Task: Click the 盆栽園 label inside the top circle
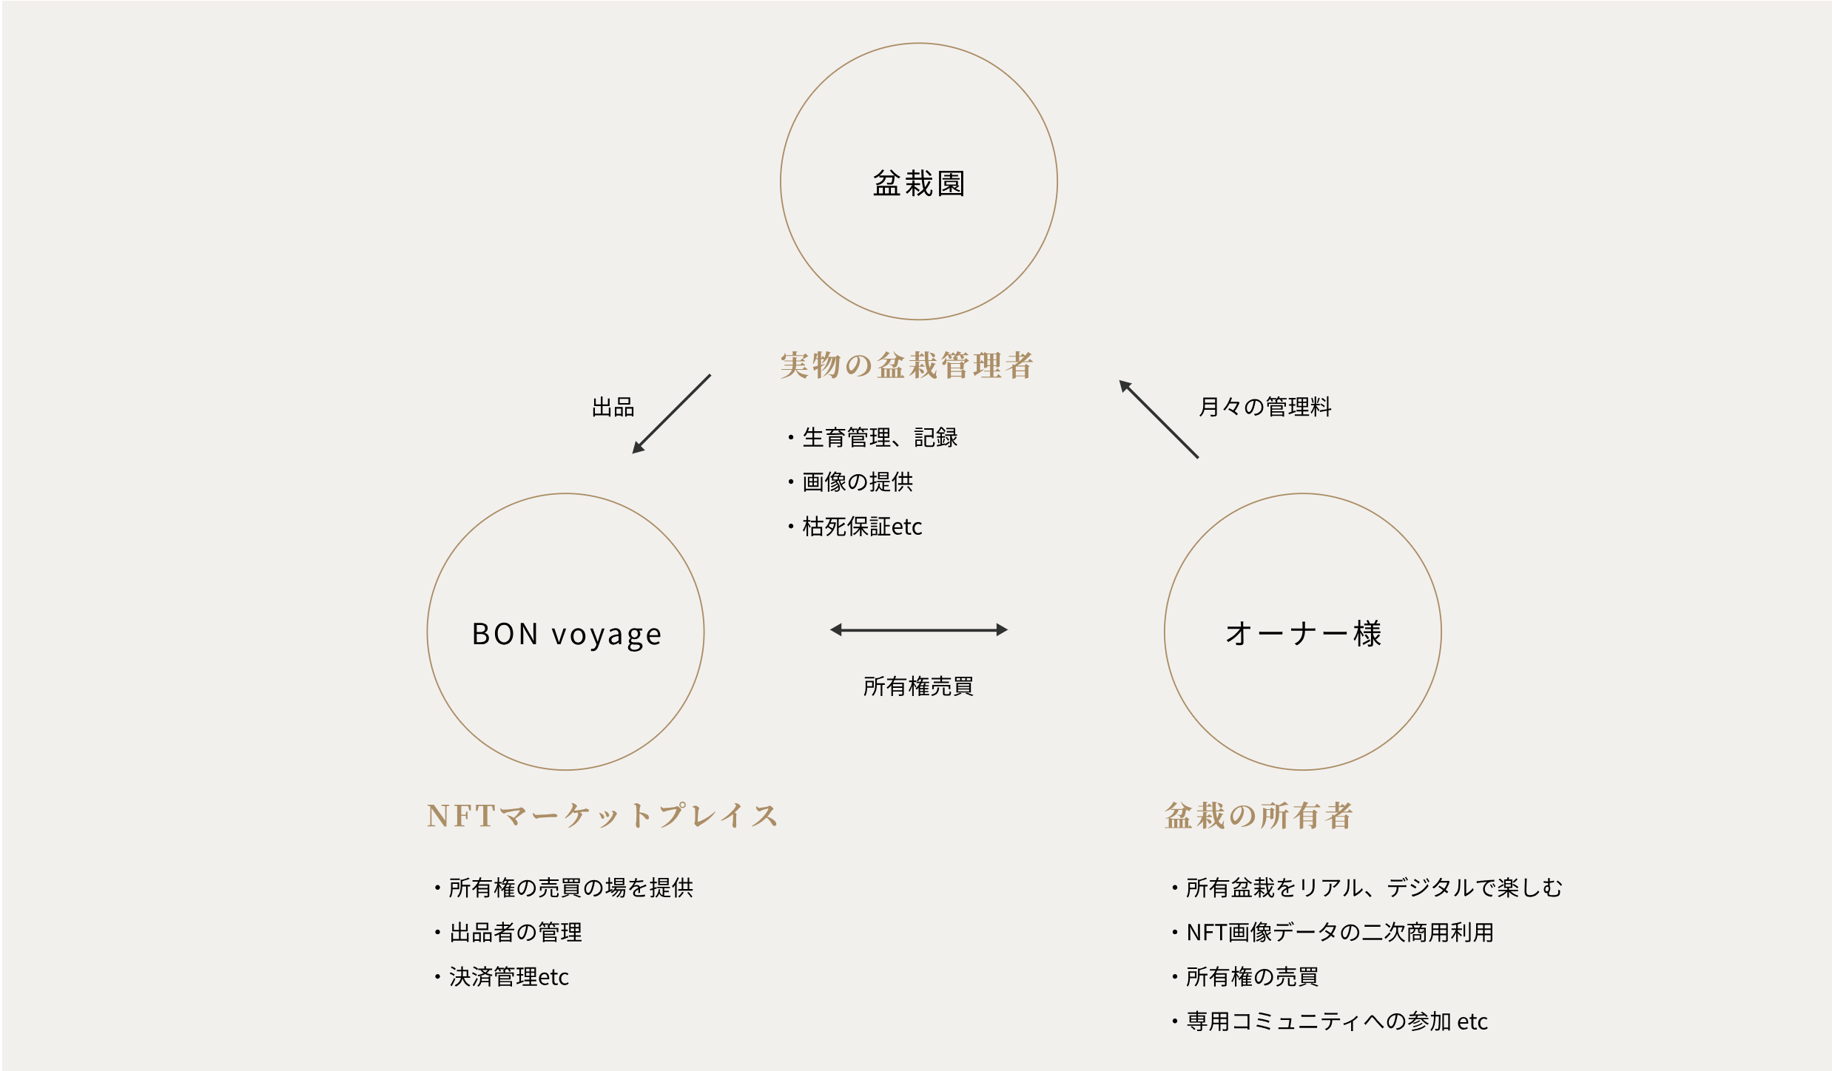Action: tap(919, 183)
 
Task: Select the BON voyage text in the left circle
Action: tap(567, 635)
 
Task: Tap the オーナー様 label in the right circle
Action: tap(1303, 634)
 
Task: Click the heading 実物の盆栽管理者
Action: tap(906, 365)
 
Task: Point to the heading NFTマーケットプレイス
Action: tap(602, 816)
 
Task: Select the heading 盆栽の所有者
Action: tap(1259, 816)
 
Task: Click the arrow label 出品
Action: tap(613, 407)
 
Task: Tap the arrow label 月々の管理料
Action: tap(1264, 407)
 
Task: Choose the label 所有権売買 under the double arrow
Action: tap(918, 686)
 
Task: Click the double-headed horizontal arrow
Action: tap(919, 630)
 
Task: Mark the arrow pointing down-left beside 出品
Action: tap(671, 414)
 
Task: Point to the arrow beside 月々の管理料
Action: tap(1159, 419)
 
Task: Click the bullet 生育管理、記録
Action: tap(873, 438)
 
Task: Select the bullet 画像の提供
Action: tap(851, 482)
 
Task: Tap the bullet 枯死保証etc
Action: tap(855, 527)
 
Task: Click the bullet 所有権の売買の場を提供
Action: tap(564, 888)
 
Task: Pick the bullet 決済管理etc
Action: tap(502, 977)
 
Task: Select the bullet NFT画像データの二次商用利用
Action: tap(1333, 932)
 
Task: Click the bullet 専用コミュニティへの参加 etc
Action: tap(1330, 1021)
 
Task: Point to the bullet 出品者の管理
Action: tap(508, 932)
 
